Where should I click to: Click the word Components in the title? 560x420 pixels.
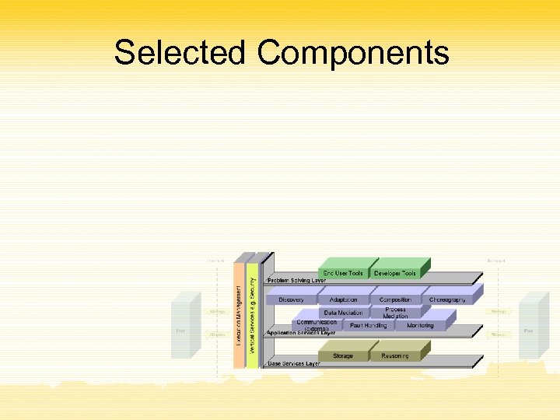(x=353, y=53)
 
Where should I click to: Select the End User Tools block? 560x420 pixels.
(x=343, y=273)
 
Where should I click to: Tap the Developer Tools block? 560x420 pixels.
(x=395, y=273)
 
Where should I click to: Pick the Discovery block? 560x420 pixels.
(x=291, y=299)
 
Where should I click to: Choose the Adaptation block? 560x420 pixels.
(x=343, y=299)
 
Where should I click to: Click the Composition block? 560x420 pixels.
(x=395, y=299)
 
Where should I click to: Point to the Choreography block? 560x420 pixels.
(x=447, y=299)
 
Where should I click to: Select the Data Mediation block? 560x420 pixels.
(x=343, y=313)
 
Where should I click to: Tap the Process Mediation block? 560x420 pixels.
(x=395, y=313)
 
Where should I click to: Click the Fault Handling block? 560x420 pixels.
(x=368, y=325)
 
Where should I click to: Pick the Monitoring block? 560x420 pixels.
(x=420, y=325)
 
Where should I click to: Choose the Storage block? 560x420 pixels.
(x=343, y=355)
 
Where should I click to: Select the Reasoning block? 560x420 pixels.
(x=395, y=355)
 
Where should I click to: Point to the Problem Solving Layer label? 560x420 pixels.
(x=296, y=280)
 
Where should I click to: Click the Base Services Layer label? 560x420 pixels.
(x=294, y=363)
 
